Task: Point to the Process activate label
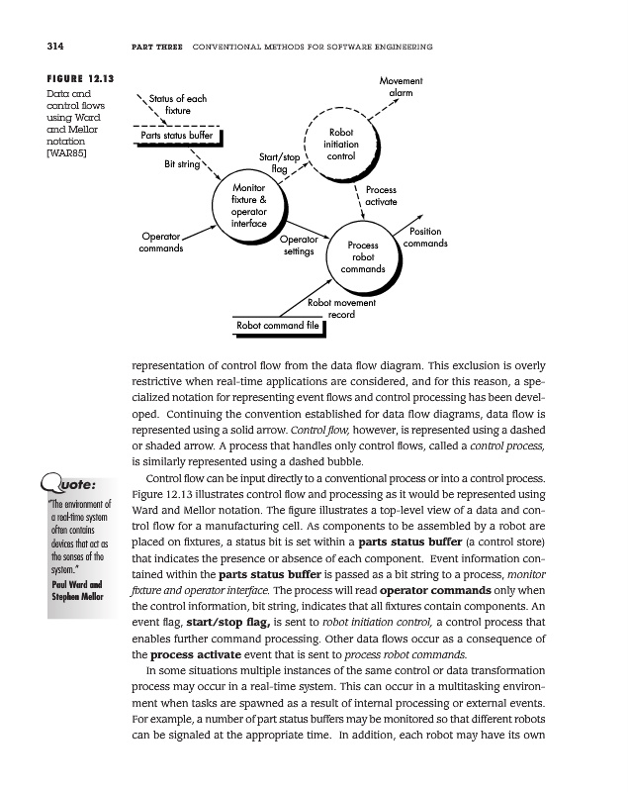pos(381,195)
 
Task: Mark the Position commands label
pos(425,238)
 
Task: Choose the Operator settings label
pos(299,246)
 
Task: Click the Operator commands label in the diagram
pos(160,243)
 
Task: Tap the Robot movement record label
pos(340,309)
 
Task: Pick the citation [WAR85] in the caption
pos(68,155)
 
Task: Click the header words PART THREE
pos(158,47)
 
